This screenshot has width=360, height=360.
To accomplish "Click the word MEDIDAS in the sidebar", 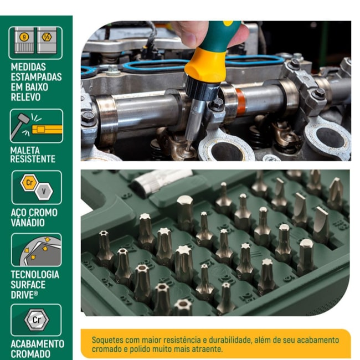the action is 28,67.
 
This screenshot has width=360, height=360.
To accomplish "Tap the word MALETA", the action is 25,151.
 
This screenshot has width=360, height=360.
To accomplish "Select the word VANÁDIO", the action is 28,223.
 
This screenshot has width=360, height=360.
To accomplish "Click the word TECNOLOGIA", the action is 35,275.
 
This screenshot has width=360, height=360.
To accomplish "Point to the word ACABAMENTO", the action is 38,344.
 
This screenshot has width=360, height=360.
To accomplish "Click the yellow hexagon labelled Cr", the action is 29,183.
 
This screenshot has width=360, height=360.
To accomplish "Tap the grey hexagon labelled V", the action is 44,191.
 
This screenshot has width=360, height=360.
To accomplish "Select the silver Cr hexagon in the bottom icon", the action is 37,320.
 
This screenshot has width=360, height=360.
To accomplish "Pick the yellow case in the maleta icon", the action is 47,130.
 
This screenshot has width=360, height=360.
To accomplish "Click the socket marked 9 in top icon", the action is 24,40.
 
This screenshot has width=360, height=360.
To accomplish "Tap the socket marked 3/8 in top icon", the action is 47,40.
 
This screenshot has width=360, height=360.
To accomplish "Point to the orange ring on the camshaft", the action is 240,102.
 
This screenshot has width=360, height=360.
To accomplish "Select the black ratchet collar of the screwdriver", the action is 203,88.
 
